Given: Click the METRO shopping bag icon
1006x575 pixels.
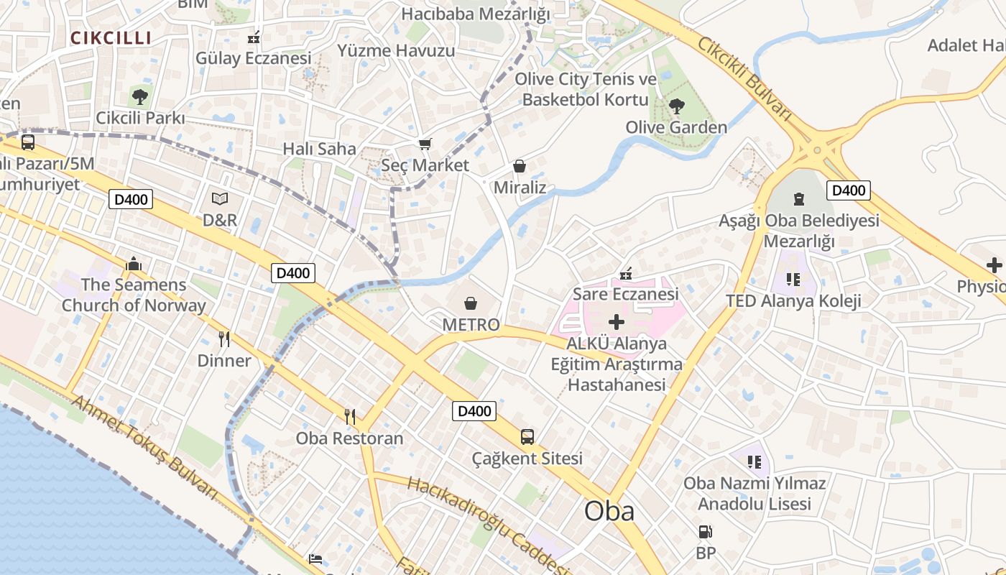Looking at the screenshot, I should click(471, 303).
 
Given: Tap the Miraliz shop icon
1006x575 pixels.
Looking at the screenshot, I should click(520, 167).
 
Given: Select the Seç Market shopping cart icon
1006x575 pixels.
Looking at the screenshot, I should click(425, 144).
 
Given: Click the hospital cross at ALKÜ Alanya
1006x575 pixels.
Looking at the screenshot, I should click(617, 322).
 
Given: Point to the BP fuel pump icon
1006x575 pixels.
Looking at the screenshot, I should click(706, 533).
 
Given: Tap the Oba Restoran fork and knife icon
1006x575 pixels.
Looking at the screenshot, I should click(350, 416).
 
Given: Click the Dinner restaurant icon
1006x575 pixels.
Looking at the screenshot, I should click(224, 339).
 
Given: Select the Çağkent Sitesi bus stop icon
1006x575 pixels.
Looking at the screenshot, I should click(527, 436).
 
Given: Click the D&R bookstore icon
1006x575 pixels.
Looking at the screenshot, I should click(220, 198).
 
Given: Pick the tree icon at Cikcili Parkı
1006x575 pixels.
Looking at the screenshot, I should click(140, 96).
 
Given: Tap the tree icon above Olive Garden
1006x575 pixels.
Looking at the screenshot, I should click(676, 106).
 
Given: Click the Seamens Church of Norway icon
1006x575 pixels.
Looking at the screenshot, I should click(134, 264).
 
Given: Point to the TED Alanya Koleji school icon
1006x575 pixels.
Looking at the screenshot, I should click(793, 279).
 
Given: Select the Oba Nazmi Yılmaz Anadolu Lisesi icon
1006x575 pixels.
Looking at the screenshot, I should click(754, 461).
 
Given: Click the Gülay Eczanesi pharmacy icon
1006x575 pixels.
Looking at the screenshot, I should click(254, 37).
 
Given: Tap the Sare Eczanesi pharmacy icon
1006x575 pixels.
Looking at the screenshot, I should click(626, 273).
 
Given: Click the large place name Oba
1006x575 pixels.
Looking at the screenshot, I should click(609, 511).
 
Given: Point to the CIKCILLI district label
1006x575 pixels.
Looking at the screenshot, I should click(111, 38).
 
